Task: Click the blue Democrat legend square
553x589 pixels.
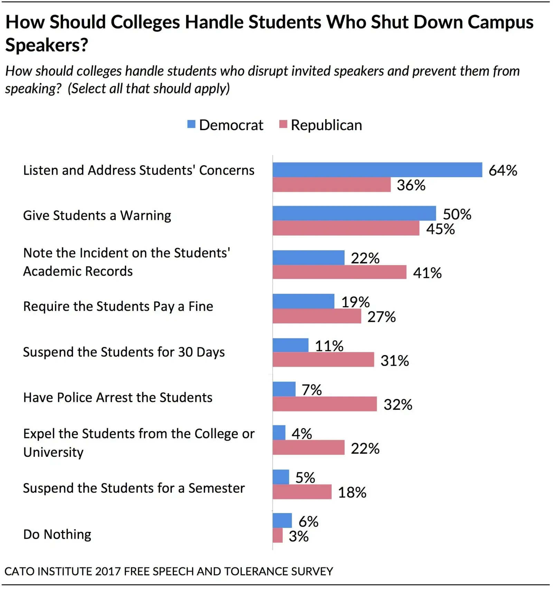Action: pos(191,124)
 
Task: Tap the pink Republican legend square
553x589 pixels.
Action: pos(283,124)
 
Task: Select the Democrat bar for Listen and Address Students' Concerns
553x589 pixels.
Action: pos(377,170)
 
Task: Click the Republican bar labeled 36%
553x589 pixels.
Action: pos(331,185)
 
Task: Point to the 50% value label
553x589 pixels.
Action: pos(457,214)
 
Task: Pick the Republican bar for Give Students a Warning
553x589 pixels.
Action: pos(346,228)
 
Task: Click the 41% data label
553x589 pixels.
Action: pos(427,273)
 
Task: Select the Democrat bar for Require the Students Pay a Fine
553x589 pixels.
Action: pos(303,301)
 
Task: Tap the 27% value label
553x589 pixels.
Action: pos(382,317)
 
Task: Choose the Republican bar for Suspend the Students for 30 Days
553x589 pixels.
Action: pos(323,360)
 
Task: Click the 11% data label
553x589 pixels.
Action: pos(329,346)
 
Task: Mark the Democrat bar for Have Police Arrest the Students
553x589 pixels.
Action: pos(284,389)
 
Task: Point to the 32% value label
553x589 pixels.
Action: pos(398,404)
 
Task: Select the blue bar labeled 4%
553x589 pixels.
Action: pos(279,433)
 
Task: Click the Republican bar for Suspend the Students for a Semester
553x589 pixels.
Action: pos(302,492)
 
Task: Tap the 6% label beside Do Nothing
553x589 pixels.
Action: pos(308,521)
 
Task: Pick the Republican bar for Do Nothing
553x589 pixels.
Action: pos(278,535)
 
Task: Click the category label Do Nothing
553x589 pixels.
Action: pos(57,534)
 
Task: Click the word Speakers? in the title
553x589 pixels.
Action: pos(47,45)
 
